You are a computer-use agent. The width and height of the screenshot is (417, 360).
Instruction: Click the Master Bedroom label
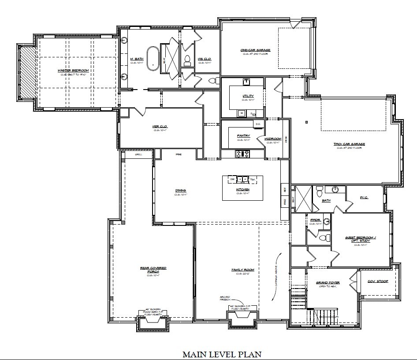tap(73, 71)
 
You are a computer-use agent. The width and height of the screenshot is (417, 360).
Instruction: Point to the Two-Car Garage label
tap(349, 144)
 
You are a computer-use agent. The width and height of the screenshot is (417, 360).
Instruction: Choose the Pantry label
tap(243, 135)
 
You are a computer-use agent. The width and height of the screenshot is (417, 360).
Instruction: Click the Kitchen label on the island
tap(242, 189)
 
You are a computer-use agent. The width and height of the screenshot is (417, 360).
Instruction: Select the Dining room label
tap(181, 191)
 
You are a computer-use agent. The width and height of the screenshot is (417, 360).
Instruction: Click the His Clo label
tap(204, 59)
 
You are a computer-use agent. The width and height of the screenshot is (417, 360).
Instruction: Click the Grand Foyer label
tap(328, 283)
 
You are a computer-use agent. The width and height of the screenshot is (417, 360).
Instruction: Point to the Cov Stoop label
tap(378, 281)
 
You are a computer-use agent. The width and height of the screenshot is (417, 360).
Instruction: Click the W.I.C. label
tap(364, 198)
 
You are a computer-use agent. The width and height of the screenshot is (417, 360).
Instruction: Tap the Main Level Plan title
tap(222, 354)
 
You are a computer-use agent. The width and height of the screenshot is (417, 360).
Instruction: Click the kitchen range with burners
tap(243, 154)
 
